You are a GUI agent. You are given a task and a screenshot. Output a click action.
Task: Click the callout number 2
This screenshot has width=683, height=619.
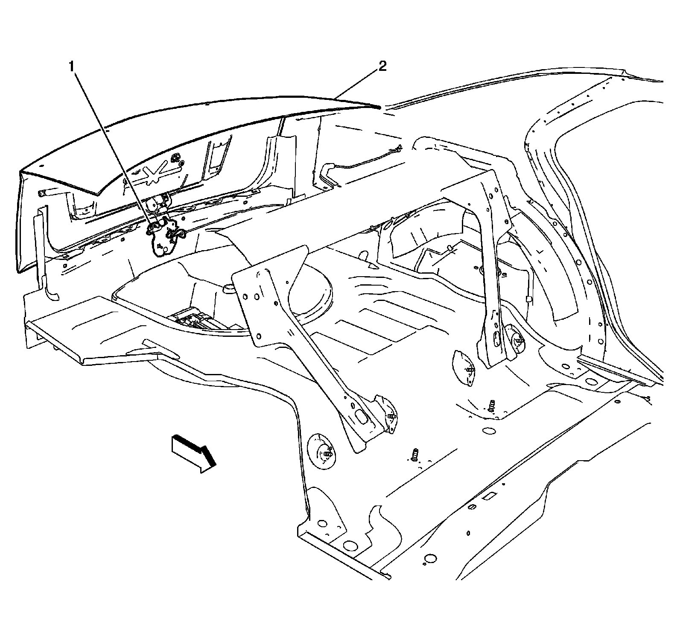coord(382,66)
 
